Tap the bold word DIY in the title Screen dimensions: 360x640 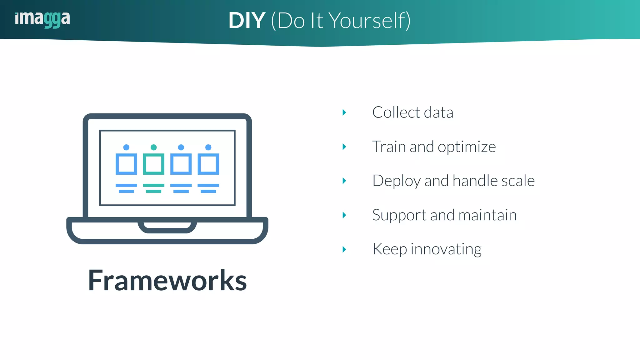point(247,21)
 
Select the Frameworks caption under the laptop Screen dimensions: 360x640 point(167,280)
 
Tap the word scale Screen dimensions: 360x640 point(518,181)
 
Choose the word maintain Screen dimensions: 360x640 point(487,215)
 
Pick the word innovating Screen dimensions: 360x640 point(446,249)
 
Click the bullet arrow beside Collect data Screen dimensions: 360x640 point(344,112)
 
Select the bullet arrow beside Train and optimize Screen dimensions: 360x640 point(344,147)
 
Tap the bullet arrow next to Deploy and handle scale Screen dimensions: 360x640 point(344,181)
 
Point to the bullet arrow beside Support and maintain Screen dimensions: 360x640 point(344,215)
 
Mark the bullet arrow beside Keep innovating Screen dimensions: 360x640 point(344,249)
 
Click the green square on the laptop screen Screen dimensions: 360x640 point(153,164)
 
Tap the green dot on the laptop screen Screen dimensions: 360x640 point(153,147)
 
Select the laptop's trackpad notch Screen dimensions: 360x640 point(167,226)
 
